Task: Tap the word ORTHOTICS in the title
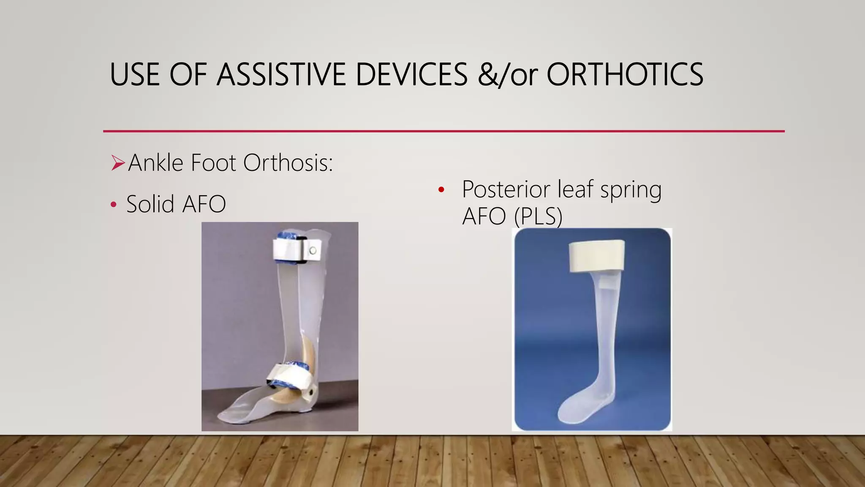click(625, 75)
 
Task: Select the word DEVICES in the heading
click(411, 75)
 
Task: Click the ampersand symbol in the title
click(487, 75)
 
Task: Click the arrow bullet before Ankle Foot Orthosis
click(118, 163)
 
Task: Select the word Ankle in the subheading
click(155, 163)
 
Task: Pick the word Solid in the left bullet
click(150, 204)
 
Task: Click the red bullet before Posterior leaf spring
click(441, 190)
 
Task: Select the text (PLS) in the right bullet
click(538, 216)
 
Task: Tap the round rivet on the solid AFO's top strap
click(313, 251)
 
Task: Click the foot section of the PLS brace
click(583, 406)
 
